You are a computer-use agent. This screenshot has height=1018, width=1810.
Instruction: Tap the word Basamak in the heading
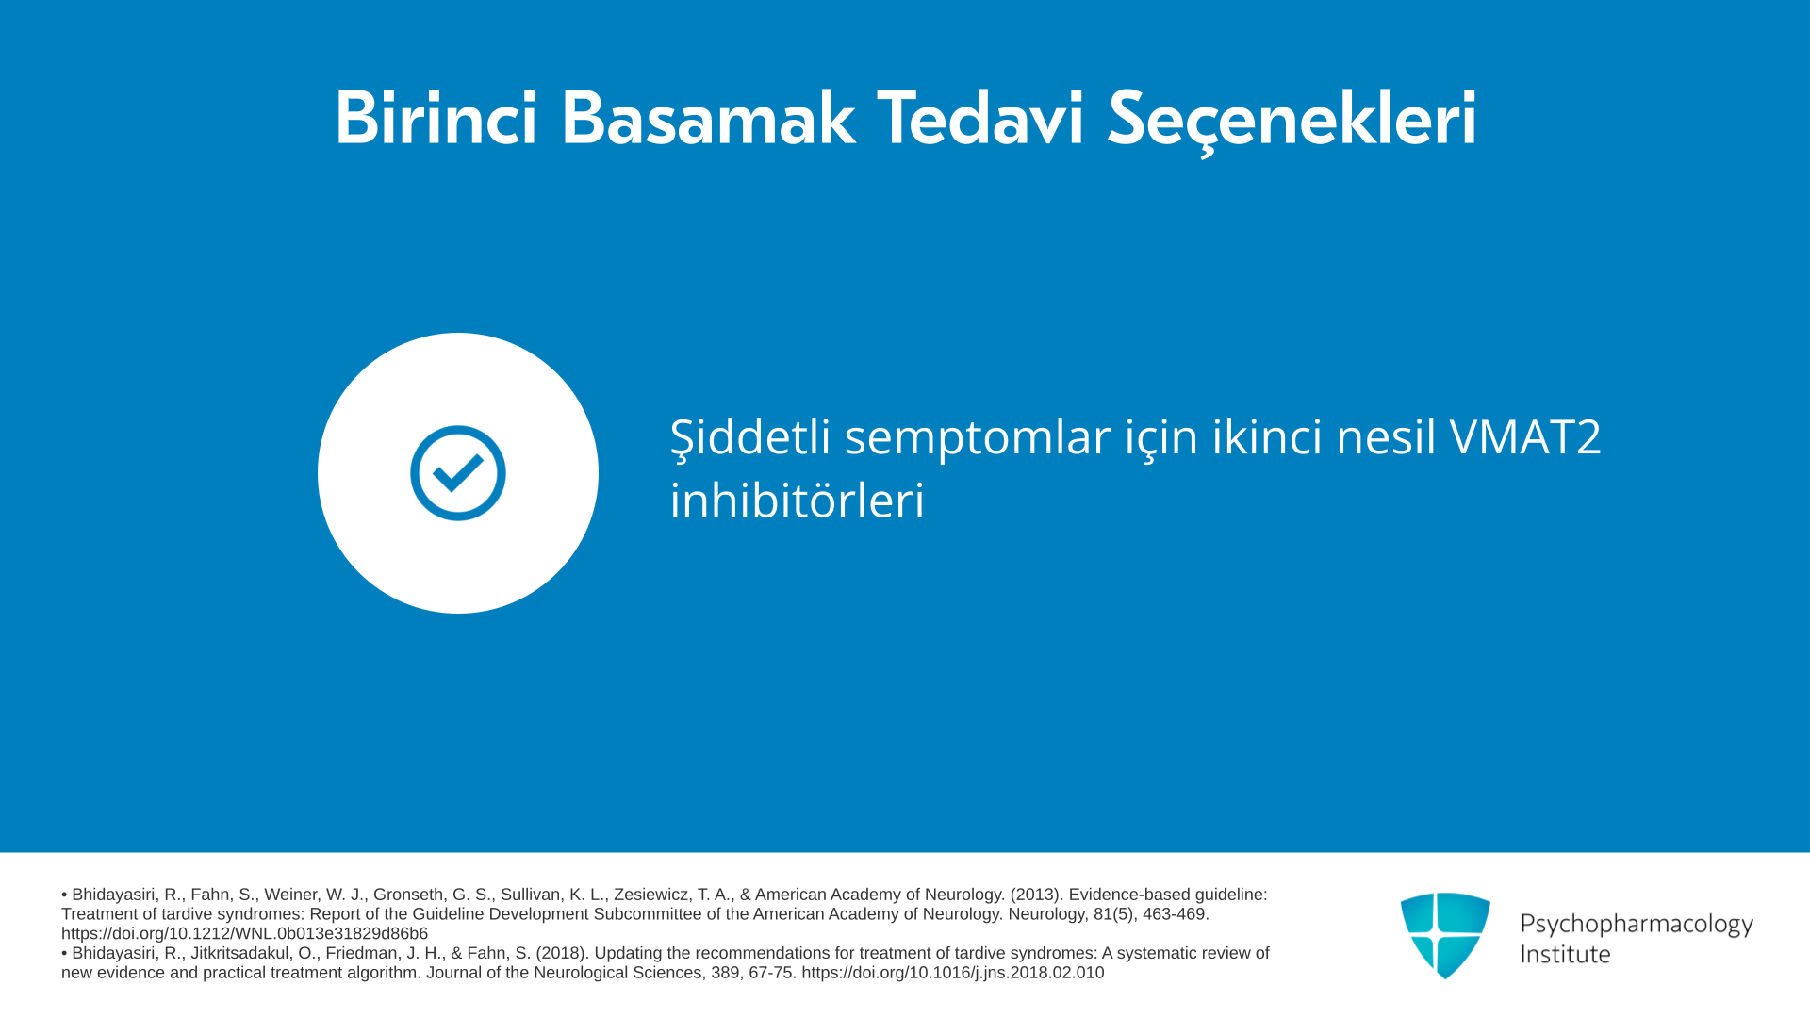tap(708, 119)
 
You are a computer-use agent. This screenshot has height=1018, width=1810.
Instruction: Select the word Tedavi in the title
tap(981, 119)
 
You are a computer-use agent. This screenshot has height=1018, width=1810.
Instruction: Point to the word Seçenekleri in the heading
tap(1292, 121)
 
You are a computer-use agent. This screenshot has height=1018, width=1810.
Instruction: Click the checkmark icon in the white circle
tap(458, 473)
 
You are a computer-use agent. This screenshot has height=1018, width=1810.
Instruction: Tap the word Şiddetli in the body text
tap(750, 437)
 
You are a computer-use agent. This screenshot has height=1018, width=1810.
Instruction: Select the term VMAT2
tap(1525, 436)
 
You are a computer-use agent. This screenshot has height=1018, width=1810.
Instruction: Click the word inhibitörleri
tap(798, 500)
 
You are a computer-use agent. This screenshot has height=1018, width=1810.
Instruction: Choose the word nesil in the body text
tap(1386, 436)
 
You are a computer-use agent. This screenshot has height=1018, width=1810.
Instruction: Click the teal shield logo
tap(1445, 935)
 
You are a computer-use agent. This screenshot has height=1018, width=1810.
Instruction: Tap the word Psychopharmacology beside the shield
tap(1637, 925)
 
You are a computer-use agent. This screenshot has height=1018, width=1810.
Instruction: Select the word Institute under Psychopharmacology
tap(1565, 954)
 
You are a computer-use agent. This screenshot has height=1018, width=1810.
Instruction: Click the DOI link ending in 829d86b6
tap(244, 934)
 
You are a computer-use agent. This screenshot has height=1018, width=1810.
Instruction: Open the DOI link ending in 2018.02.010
tap(953, 973)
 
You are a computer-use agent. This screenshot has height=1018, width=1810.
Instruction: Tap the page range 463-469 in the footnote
tap(1176, 914)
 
